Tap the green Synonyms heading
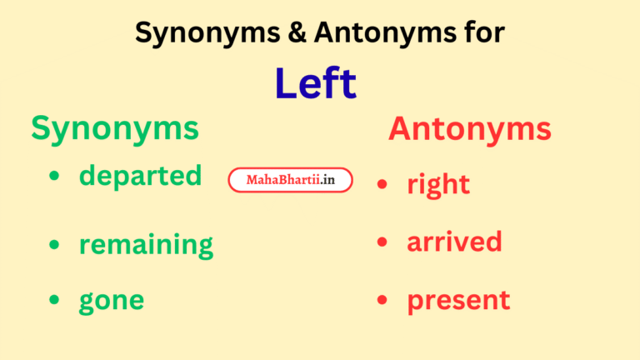coord(115,128)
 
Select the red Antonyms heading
coord(469,128)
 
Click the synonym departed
coord(140,176)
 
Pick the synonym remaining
coord(146,245)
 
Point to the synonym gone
coord(111,300)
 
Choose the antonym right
coord(438,184)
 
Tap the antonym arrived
coord(454,242)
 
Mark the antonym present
coord(458,300)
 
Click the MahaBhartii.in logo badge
coord(290,179)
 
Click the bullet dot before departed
coord(55,177)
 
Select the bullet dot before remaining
coord(55,244)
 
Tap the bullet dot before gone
coord(55,300)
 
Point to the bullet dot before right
coord(382,184)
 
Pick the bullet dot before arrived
coord(382,242)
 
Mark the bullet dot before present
coord(382,300)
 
